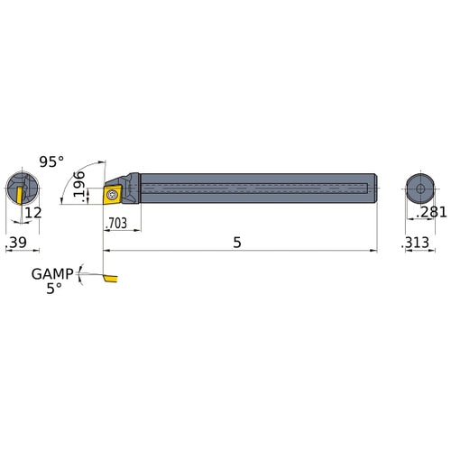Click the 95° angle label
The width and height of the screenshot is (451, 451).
pyautogui.click(x=51, y=161)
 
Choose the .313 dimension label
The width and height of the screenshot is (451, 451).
pyautogui.click(x=417, y=244)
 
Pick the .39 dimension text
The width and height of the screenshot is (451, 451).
pyautogui.click(x=16, y=244)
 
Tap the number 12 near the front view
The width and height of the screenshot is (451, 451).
pyautogui.click(x=33, y=213)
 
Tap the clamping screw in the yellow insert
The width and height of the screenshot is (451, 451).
pyautogui.click(x=113, y=194)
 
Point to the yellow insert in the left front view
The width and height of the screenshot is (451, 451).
pyautogui.click(x=17, y=192)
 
